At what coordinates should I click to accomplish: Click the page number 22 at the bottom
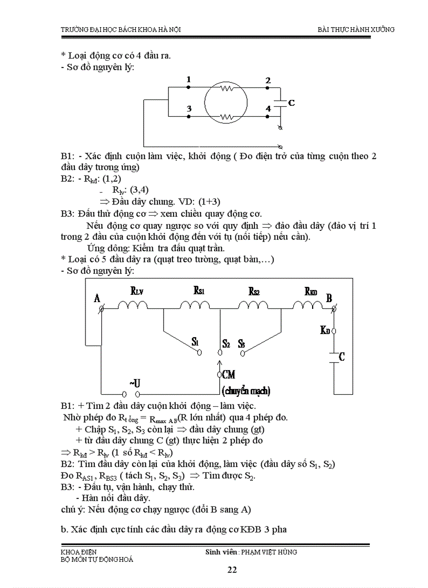coord(232,570)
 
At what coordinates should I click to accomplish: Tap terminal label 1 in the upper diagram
coord(188,80)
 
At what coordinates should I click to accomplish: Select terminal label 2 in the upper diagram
coord(268,81)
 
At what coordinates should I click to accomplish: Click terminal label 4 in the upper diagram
coord(268,108)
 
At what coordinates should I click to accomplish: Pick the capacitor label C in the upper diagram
coord(292,103)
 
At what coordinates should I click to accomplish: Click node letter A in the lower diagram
coord(97,298)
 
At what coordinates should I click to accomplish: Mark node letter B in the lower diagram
coord(329,298)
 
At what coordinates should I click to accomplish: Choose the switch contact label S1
coord(195,342)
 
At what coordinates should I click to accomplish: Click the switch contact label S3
coord(241,343)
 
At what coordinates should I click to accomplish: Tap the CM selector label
coord(229,374)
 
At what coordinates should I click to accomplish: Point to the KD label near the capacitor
coord(325,330)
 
